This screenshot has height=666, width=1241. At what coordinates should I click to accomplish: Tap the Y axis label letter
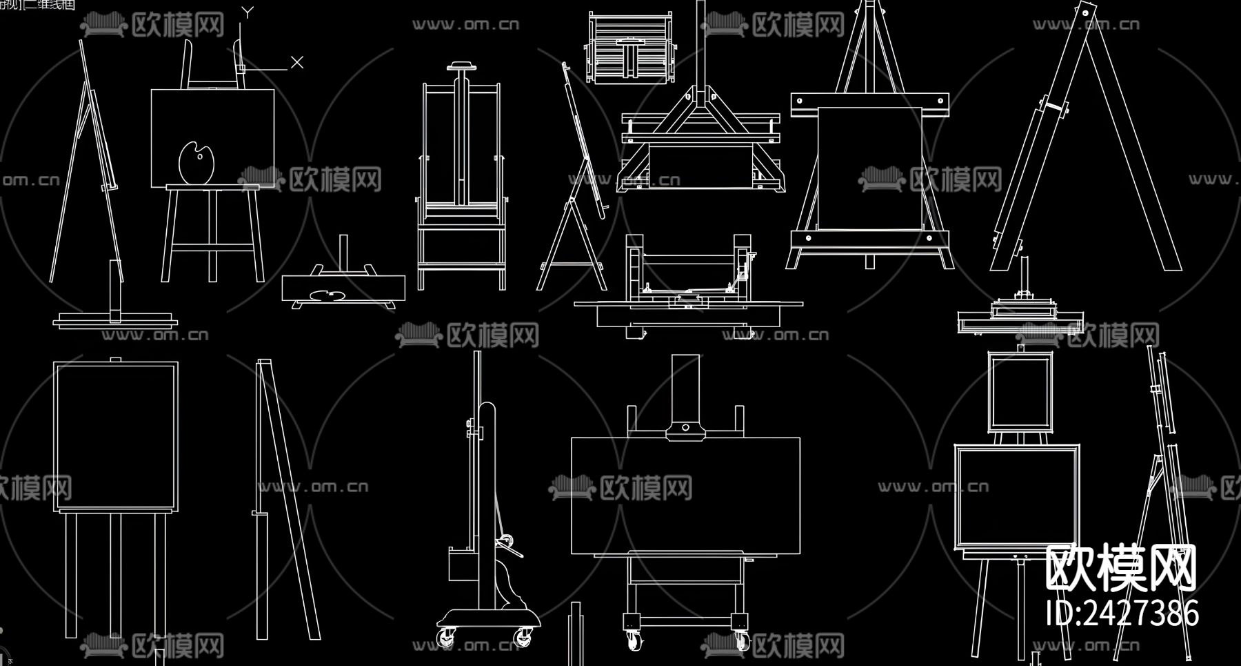(x=248, y=12)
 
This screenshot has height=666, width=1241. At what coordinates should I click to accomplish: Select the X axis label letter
(x=297, y=62)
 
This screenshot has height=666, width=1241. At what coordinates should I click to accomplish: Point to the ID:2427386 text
(x=1122, y=613)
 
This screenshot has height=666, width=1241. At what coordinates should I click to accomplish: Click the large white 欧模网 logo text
(x=1120, y=568)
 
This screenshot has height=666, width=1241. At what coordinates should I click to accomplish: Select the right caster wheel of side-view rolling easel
(x=524, y=636)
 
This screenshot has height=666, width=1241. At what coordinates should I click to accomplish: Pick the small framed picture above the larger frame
(x=1020, y=391)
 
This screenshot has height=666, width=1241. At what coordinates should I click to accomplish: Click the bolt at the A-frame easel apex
(x=1087, y=12)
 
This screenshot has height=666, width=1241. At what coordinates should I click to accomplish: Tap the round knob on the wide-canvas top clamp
(x=685, y=428)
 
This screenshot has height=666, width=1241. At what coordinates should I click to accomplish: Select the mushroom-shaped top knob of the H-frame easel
(x=462, y=67)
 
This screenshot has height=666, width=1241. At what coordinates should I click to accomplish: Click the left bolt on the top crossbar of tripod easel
(x=800, y=101)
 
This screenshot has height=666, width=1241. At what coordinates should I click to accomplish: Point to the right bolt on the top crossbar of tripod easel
(x=939, y=101)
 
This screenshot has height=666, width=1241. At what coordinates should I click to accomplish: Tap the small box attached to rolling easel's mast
(x=459, y=565)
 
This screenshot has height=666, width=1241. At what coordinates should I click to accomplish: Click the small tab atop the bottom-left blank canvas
(x=115, y=360)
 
